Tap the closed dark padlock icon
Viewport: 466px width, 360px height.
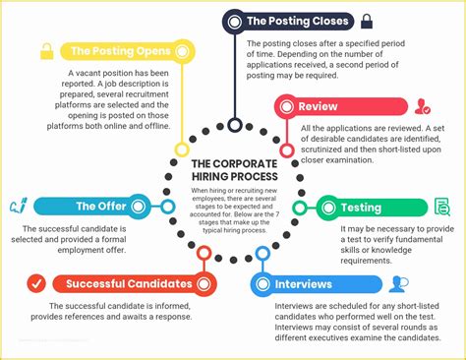tap(366, 20)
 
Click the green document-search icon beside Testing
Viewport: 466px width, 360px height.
tap(441, 207)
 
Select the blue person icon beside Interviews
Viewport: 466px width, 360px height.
tap(397, 284)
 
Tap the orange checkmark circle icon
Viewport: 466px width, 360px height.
tap(35, 284)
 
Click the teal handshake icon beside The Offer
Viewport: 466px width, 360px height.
tap(17, 207)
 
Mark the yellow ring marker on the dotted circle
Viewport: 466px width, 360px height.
tap(181, 150)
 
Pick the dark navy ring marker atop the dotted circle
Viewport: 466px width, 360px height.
tap(234, 124)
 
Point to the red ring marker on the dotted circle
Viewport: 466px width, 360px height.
tap(287, 150)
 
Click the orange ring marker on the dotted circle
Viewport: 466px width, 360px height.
tap(203, 254)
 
